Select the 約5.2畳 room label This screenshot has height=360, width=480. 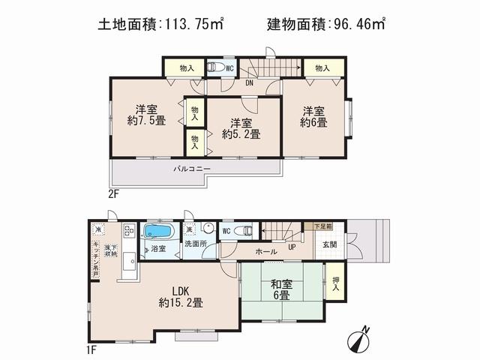pyautogui.click(x=241, y=129)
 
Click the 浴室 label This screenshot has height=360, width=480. pyautogui.click(x=157, y=247)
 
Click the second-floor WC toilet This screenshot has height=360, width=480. pyautogui.click(x=213, y=67)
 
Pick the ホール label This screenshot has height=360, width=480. pyautogui.click(x=266, y=252)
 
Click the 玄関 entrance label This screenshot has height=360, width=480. pyautogui.click(x=330, y=243)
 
